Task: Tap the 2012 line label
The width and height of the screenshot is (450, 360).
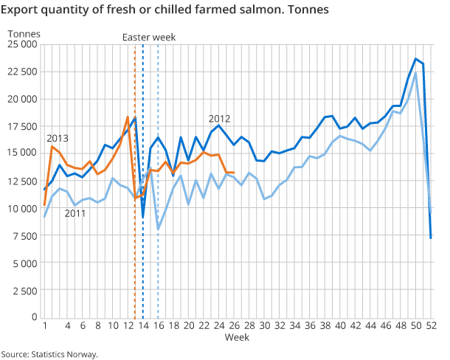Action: tap(220, 118)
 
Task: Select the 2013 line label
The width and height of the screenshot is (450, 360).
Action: tap(58, 138)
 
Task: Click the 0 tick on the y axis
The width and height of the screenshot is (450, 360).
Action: tap(34, 317)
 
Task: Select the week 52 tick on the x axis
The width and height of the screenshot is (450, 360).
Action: tap(430, 325)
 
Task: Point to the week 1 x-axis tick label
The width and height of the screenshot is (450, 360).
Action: tap(45, 325)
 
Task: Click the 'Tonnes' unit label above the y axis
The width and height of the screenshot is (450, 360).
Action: tap(25, 33)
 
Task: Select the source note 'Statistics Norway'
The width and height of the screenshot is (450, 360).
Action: tap(49, 354)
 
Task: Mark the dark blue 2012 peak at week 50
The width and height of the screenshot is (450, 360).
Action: tap(415, 59)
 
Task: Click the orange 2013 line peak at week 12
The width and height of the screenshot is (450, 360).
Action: tap(128, 117)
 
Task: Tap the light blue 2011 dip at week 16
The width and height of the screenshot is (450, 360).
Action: tap(158, 229)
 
